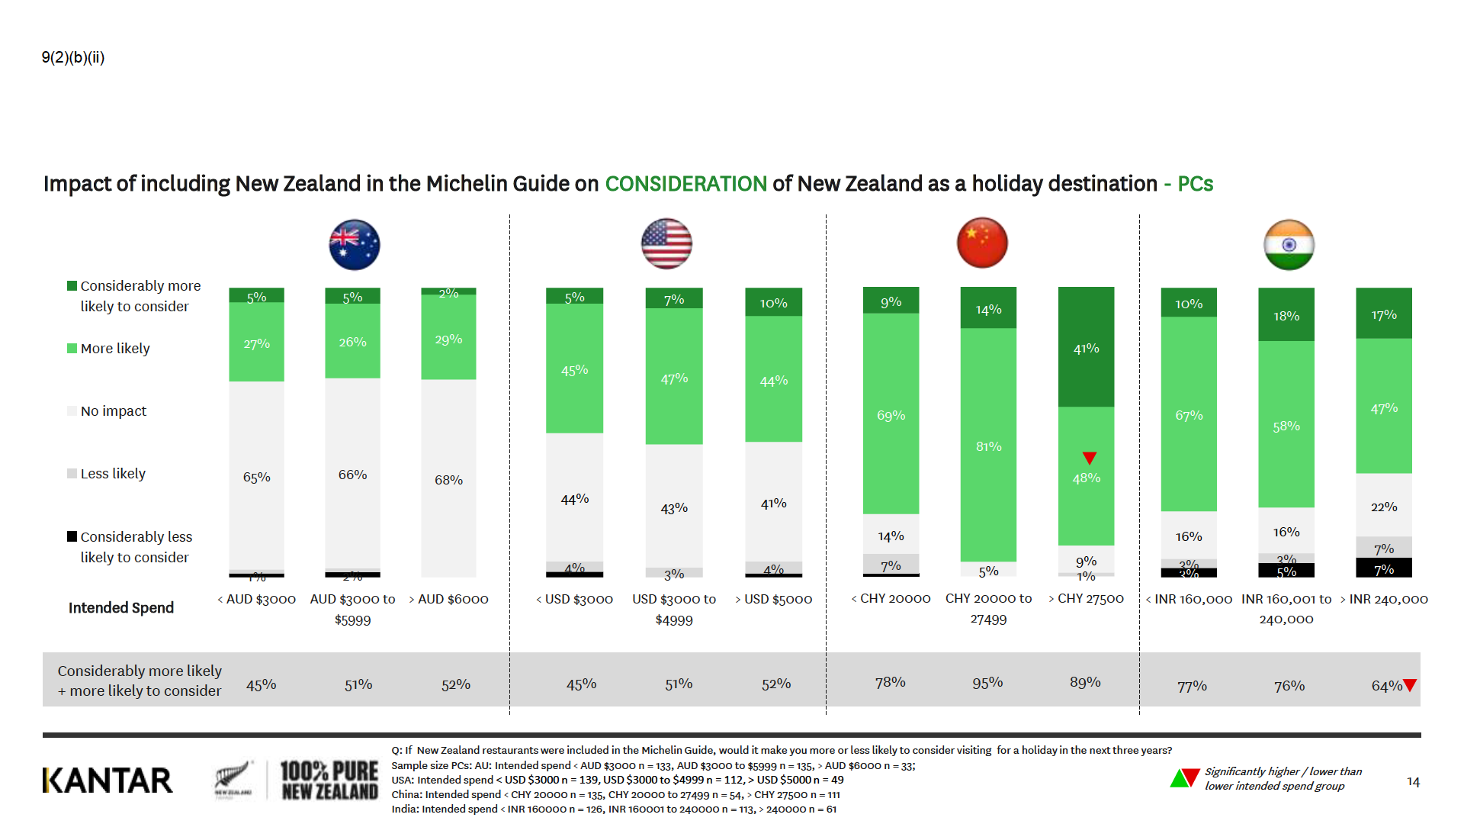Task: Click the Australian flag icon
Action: coord(355,245)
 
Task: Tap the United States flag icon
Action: coord(666,244)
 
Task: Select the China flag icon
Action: coord(982,243)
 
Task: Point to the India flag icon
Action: coord(1289,245)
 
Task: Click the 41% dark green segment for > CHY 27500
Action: coord(1086,347)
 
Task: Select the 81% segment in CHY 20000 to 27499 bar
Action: coord(988,446)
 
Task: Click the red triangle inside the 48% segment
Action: coord(1090,458)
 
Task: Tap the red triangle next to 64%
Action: coord(1410,685)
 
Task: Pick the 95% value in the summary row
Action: coord(987,683)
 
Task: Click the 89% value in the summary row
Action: coord(1085,682)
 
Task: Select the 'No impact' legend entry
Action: coord(113,411)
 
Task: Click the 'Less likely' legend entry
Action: coord(112,474)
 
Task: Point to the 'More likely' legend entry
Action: coord(114,349)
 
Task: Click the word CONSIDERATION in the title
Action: coord(685,184)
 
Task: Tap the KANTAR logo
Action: coord(108,781)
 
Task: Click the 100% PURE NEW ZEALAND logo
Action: coord(329,781)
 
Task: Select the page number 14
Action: coord(1413,782)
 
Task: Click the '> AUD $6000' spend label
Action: coord(448,600)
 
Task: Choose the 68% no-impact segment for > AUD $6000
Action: coord(448,479)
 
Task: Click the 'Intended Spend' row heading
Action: coord(121,608)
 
